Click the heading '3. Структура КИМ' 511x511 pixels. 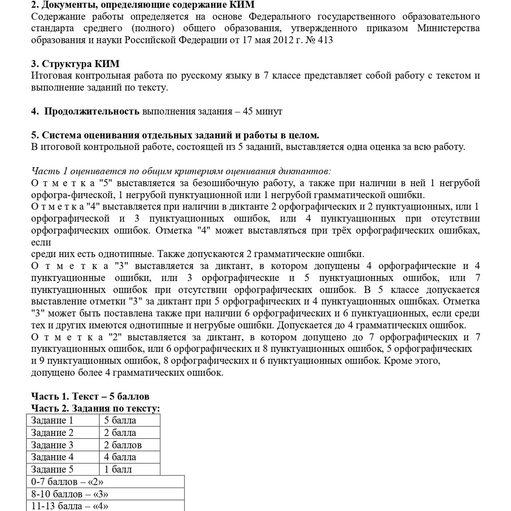pos(75,64)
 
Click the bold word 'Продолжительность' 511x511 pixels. pos(92,111)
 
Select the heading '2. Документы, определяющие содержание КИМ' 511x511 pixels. pos(143,5)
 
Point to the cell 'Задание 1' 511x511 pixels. pos(52,420)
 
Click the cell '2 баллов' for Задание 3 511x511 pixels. pos(123,445)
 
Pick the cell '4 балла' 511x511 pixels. pos(120,457)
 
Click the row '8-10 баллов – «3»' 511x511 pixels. pos(70,494)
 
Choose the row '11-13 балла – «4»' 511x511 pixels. pos(70,506)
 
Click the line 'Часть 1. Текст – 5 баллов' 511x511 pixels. pos(90,396)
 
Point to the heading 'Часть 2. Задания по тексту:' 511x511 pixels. pos(95,408)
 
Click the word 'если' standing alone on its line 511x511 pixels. pos(41,242)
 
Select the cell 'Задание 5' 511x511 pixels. pos(52,469)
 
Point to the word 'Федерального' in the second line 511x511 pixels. pos(279,17)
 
